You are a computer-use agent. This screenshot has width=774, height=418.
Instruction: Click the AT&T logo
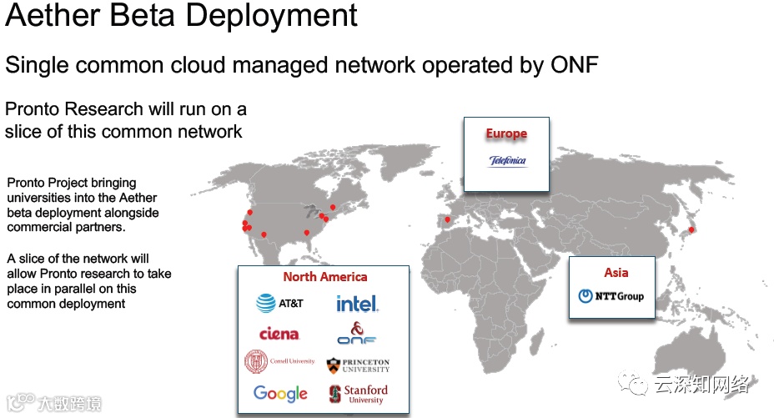(279, 304)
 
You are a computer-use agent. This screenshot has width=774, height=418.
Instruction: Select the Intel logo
(357, 304)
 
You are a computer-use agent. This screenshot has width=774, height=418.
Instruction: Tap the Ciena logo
(279, 334)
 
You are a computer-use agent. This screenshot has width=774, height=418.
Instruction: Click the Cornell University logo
(279, 362)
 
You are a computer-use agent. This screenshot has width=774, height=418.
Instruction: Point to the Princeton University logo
(358, 365)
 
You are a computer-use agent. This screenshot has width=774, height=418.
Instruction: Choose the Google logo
(280, 393)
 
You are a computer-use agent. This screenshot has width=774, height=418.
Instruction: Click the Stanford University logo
(359, 393)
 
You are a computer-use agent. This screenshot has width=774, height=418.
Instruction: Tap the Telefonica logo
(507, 161)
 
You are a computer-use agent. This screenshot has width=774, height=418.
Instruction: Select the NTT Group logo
(611, 296)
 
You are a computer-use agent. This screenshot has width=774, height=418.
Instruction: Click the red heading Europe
(507, 133)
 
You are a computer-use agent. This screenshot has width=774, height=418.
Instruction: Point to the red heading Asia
(616, 273)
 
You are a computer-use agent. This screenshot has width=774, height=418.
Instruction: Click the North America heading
(324, 277)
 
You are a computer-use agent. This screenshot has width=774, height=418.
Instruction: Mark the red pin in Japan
(691, 229)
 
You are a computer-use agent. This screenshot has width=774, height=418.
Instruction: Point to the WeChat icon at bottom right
(636, 385)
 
